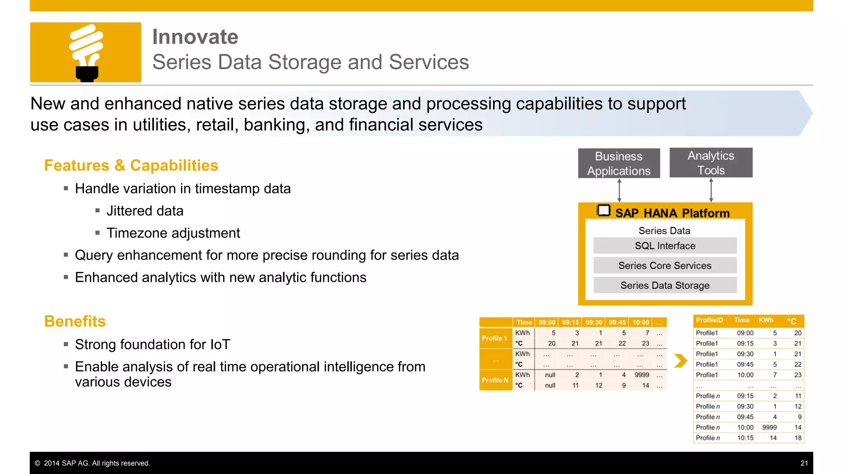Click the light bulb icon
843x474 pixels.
pos(86,52)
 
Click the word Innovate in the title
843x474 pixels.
pos(195,37)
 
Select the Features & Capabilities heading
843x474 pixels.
pos(131,165)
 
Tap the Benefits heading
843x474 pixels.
pos(75,321)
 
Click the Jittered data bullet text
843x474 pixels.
pos(145,211)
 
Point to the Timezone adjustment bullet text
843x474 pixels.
pos(173,233)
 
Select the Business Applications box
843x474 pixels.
pos(619,163)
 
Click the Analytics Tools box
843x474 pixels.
pos(711,163)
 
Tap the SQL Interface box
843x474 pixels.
pos(665,246)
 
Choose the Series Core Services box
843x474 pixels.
pos(665,265)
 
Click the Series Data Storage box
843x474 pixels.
pos(665,285)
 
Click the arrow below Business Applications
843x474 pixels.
pos(619,190)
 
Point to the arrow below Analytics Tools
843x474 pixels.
pos(711,190)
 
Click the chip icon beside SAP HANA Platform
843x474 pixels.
pos(603,211)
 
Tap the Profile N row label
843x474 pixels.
pos(495,380)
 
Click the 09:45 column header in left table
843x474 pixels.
pos(617,323)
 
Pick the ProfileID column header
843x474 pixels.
pos(709,320)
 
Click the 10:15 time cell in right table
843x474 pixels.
pos(745,438)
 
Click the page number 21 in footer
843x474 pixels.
pos(804,463)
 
